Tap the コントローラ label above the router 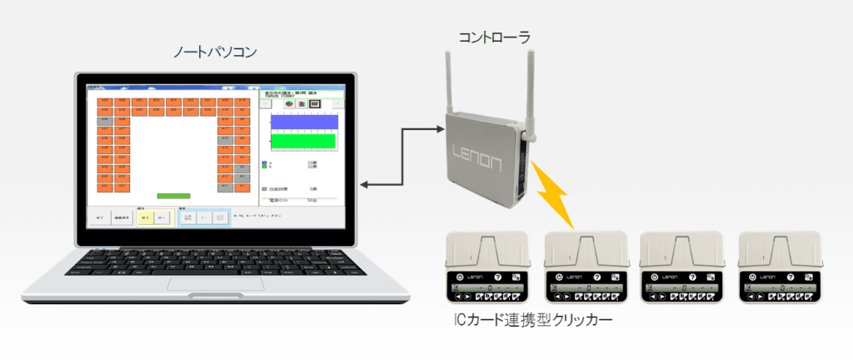click(495, 37)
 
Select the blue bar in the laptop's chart click(304, 122)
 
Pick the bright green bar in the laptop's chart click(304, 141)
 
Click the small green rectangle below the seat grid click(173, 196)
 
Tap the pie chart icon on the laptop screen click(289, 104)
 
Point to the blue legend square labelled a click(264, 162)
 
